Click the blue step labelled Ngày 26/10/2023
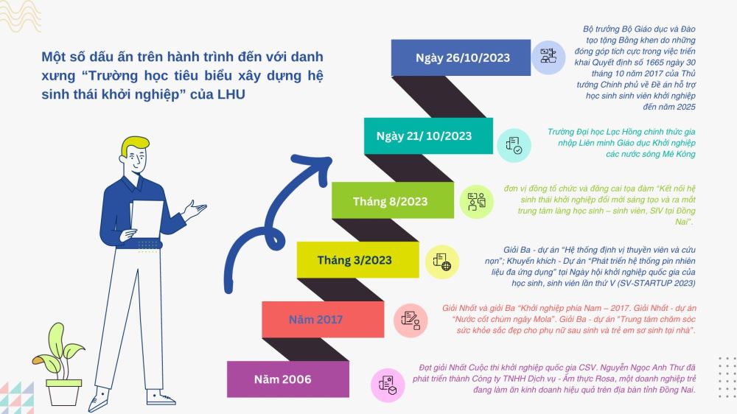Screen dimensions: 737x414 461,57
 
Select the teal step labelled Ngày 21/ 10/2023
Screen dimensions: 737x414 428,136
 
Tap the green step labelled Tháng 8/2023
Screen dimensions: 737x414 393,200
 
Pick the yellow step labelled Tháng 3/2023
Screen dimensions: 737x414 357,260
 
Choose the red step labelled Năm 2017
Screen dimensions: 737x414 323,320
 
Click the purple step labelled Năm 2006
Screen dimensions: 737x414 288,379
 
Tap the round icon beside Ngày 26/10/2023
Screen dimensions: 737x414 548,57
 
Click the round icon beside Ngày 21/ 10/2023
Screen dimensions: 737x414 514,145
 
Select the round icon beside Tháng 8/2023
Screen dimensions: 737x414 477,202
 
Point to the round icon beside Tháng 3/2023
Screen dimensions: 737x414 442,262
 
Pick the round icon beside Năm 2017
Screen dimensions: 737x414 411,320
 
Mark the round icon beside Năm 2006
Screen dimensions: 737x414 388,385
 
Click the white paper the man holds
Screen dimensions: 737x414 147,219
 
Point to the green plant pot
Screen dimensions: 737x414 64,393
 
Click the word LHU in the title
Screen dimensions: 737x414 231,94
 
